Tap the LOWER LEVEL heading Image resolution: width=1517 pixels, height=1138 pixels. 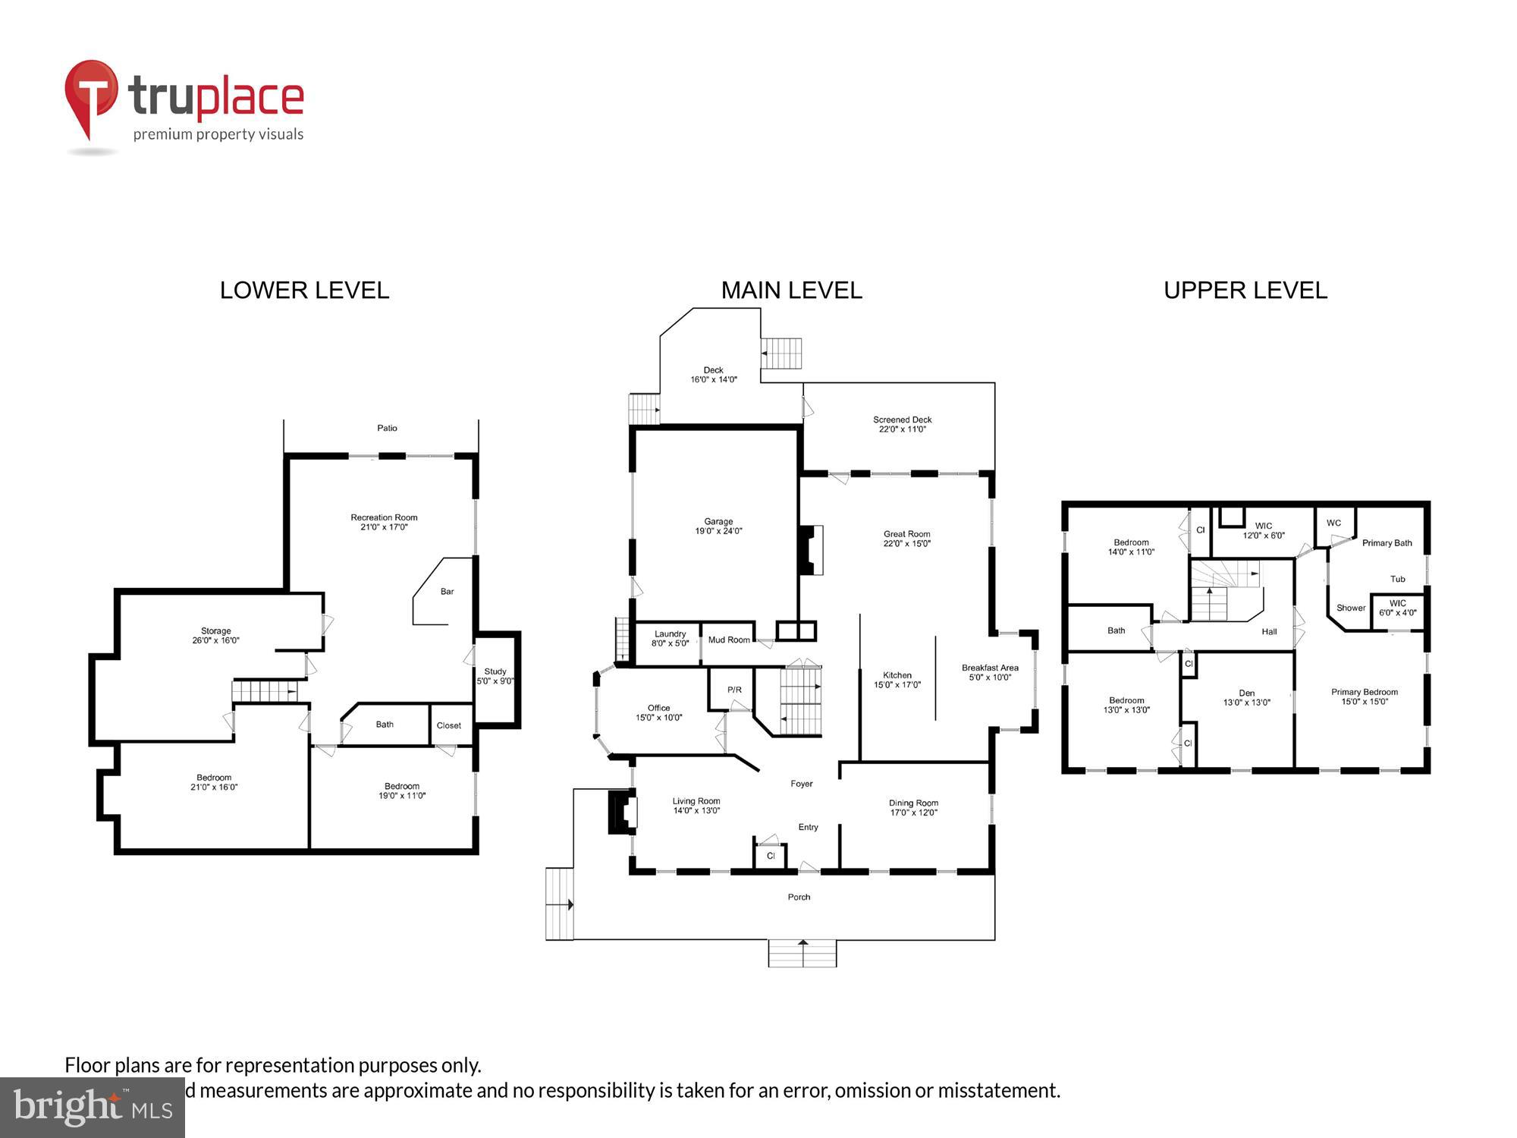(x=304, y=290)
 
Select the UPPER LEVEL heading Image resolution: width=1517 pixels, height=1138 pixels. (x=1245, y=290)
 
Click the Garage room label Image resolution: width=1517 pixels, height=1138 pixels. (x=718, y=521)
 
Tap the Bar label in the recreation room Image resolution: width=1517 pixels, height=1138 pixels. (x=448, y=591)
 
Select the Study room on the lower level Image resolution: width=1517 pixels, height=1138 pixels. (x=495, y=676)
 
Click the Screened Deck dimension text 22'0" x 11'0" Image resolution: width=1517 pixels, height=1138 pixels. (x=902, y=429)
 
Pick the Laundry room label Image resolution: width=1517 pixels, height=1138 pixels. (x=670, y=633)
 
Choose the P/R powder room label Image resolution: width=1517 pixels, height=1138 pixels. (x=734, y=690)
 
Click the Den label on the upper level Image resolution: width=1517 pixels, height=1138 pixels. (x=1246, y=693)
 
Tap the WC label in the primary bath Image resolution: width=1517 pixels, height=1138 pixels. (x=1333, y=523)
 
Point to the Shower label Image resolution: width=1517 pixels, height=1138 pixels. (x=1350, y=608)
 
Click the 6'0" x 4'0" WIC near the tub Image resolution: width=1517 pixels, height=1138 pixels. (x=1397, y=612)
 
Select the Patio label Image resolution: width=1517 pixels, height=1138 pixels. (x=387, y=428)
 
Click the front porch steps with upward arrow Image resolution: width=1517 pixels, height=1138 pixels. (x=802, y=953)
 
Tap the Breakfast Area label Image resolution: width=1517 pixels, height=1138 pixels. (x=990, y=668)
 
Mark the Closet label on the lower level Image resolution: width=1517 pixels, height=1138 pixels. (x=448, y=725)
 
